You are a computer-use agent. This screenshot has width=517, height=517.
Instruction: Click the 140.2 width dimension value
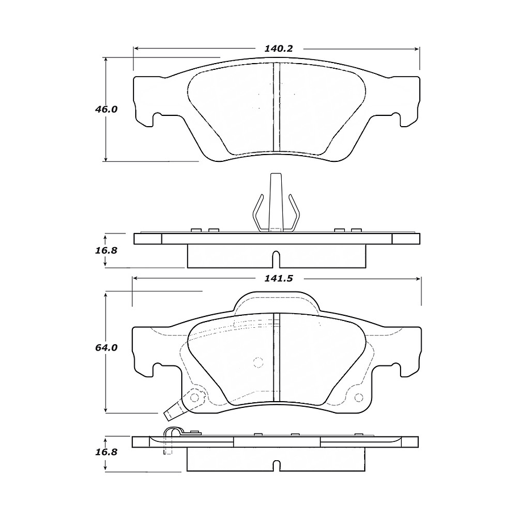[278, 49]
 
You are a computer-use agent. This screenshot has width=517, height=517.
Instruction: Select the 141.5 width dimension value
[278, 278]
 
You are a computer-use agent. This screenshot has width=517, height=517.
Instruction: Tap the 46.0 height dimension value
[106, 109]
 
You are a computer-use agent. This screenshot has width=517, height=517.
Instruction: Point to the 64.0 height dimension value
[106, 348]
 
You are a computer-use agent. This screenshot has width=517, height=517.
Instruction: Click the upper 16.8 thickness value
[106, 249]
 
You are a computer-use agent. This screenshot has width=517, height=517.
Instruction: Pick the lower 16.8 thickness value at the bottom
[106, 452]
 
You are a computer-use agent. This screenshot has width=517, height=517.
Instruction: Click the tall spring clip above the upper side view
[276, 205]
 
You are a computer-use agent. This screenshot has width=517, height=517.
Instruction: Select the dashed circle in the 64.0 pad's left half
[258, 362]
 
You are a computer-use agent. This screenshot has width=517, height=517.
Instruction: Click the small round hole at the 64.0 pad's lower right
[358, 397]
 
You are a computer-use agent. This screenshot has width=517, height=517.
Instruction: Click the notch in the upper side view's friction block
[276, 258]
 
